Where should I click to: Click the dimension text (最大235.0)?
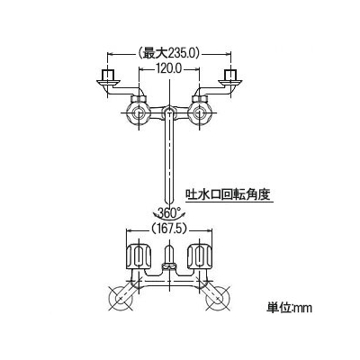click(169, 54)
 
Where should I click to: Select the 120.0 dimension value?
click(168, 69)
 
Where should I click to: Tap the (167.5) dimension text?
click(169, 229)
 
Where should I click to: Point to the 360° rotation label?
click(169, 213)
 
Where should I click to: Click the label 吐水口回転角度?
click(229, 194)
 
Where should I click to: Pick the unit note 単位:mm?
click(290, 308)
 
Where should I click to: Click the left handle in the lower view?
click(139, 256)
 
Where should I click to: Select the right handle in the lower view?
click(200, 256)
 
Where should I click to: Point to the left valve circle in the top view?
click(139, 113)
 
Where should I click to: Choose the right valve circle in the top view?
click(200, 113)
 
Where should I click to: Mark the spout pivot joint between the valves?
click(169, 112)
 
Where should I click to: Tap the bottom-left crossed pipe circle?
click(121, 298)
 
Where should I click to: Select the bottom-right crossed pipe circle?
click(218, 298)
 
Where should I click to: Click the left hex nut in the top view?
click(139, 99)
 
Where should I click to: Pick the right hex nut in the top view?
click(199, 99)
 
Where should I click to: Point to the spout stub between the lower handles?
click(169, 254)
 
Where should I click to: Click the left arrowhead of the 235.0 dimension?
click(110, 54)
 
